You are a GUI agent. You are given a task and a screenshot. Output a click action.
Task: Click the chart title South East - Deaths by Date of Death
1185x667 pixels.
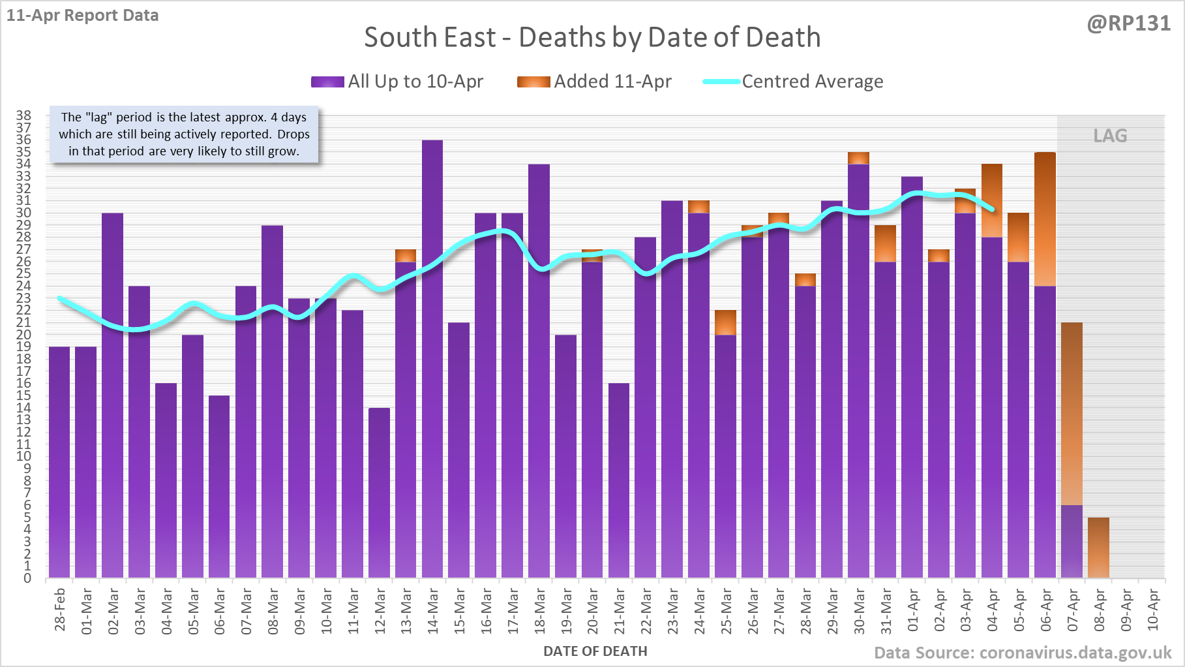(x=592, y=37)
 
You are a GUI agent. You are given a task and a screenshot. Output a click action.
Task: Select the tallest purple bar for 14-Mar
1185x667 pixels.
(x=432, y=359)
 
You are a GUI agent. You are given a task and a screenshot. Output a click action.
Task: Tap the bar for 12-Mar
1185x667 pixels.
(x=379, y=493)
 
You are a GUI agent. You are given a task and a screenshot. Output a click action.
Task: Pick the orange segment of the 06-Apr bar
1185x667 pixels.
(x=1045, y=219)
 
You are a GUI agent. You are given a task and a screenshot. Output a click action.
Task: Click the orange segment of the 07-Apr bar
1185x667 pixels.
(x=1072, y=413)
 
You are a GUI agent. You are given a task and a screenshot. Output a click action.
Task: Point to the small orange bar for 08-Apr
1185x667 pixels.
(x=1099, y=548)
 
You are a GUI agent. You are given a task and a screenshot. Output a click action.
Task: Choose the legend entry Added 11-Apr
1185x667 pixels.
(x=594, y=82)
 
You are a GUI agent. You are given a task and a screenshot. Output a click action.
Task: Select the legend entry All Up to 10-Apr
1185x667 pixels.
(x=397, y=82)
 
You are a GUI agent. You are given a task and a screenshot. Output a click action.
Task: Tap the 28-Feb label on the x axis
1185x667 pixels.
(x=60, y=610)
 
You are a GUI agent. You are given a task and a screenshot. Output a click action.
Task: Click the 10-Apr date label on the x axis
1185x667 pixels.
(x=1153, y=610)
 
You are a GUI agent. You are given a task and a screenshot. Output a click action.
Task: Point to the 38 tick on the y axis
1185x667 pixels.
(x=23, y=116)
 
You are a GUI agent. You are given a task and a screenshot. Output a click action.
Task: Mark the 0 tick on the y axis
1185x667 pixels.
(x=27, y=578)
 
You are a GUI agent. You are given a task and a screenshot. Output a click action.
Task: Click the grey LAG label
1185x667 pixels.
(x=1110, y=136)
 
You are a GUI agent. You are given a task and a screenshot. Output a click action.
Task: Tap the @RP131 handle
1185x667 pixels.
(x=1128, y=23)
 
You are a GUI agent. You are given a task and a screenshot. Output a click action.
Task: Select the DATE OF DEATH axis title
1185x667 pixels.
(x=595, y=651)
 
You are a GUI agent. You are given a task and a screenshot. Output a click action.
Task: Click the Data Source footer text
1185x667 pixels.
(x=1023, y=653)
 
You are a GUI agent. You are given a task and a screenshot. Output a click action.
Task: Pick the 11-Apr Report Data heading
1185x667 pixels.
(x=83, y=15)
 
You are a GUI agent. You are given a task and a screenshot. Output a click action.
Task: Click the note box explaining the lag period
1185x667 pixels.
(x=184, y=134)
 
